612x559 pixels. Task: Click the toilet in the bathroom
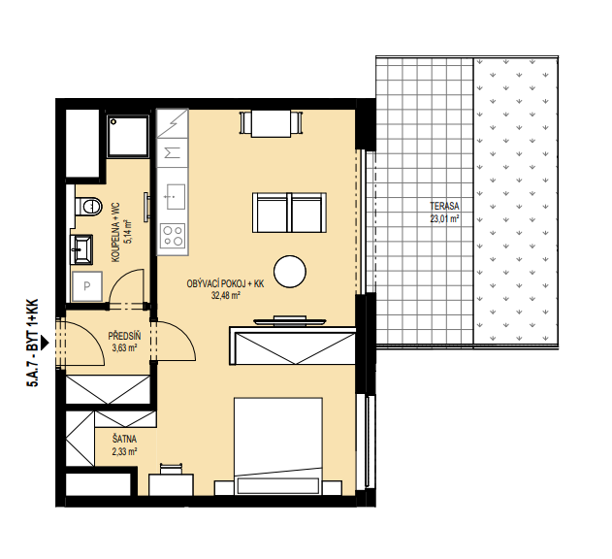89,206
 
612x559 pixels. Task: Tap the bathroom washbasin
81,249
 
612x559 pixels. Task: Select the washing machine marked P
87,286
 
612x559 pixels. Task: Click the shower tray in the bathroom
128,136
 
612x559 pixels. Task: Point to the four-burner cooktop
173,236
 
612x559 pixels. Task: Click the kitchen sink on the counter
176,196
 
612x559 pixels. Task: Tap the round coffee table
290,272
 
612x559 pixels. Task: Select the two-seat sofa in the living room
289,213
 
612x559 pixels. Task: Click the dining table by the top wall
272,123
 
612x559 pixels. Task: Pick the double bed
278,446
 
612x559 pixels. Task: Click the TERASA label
444,206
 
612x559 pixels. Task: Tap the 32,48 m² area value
225,296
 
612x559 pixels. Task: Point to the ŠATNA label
124,440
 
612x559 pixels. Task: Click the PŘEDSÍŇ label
124,336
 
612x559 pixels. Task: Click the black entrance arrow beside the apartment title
45,343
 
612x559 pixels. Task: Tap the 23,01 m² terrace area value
444,218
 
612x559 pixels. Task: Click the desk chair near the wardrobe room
172,468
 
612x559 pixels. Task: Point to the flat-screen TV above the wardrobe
290,320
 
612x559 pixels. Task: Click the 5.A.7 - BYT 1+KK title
33,343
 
